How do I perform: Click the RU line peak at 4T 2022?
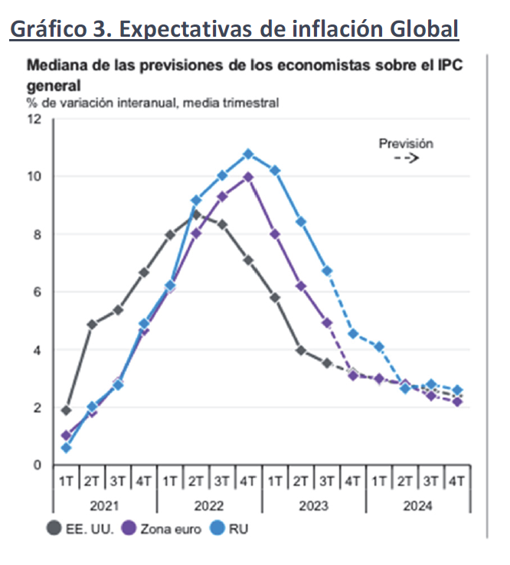[x=248, y=154]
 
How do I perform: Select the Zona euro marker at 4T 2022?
[x=248, y=177]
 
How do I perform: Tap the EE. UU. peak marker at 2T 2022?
[x=196, y=214]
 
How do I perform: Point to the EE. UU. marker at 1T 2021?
[x=66, y=410]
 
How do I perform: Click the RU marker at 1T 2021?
[x=66, y=448]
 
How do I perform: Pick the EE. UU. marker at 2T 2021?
[x=92, y=325]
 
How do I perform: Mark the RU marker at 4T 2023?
[x=352, y=333]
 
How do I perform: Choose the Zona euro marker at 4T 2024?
[x=457, y=402]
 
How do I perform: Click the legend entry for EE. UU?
[x=80, y=527]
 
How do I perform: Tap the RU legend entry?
[x=230, y=527]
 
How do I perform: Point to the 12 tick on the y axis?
[x=34, y=119]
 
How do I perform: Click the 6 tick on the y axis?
[x=38, y=292]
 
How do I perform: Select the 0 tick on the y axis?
[x=38, y=465]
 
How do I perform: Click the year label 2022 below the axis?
[x=209, y=506]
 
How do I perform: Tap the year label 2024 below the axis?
[x=417, y=506]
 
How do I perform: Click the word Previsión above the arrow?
[x=406, y=143]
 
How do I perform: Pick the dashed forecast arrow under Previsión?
[x=406, y=158]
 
